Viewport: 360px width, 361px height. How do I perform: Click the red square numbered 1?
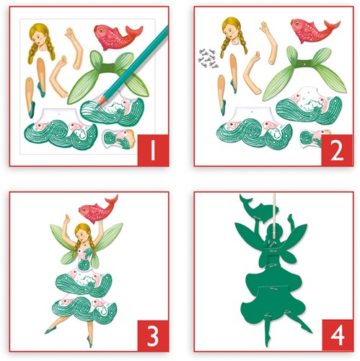coord(153,150)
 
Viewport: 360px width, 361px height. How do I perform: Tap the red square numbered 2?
coord(337,150)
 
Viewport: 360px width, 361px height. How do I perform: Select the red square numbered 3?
coord(153,336)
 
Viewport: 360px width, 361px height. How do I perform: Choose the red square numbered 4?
coord(338,335)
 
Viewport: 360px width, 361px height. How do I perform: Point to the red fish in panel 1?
coord(118,37)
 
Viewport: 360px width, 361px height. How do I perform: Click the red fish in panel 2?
coord(315,30)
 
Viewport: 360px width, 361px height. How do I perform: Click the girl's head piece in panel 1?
coord(41,42)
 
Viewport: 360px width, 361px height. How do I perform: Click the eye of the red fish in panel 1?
coord(101,30)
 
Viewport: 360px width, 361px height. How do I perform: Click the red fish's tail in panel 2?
coord(331,26)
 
